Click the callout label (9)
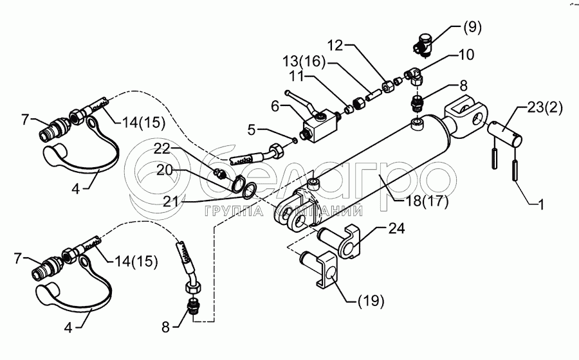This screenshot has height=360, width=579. [472, 28]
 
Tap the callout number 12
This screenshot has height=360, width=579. [336, 46]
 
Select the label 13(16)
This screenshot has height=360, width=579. [304, 61]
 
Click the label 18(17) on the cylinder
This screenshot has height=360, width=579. [427, 201]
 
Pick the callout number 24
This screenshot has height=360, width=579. [396, 228]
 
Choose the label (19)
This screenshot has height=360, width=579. [371, 301]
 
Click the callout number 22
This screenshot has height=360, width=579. [161, 148]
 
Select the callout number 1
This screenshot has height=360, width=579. [541, 204]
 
